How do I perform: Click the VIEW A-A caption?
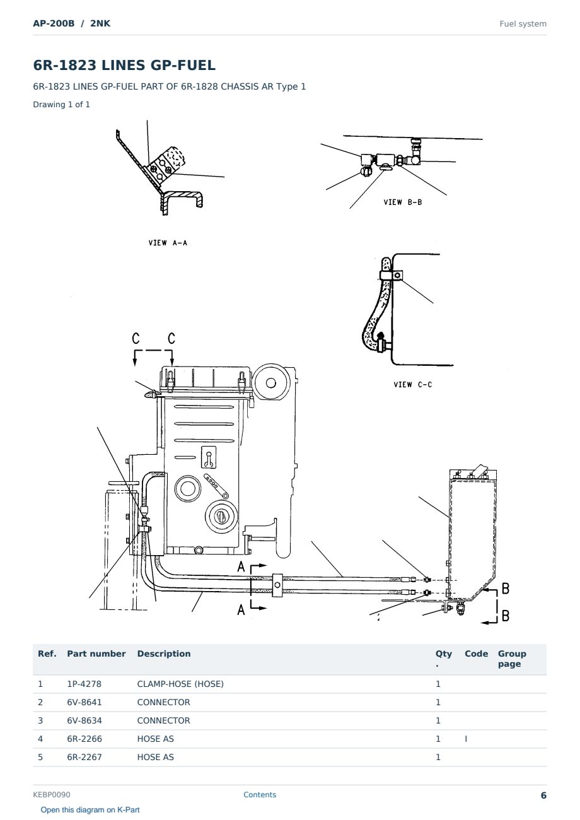[168, 243]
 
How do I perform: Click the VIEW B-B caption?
[402, 202]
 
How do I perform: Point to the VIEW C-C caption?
[413, 384]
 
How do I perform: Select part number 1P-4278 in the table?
[84, 684]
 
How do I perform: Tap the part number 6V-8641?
[84, 702]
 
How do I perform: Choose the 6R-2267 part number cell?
[84, 757]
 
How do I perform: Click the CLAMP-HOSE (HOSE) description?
[180, 684]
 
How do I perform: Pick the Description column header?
[164, 654]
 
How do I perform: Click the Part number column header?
[96, 654]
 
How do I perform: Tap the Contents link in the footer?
[260, 795]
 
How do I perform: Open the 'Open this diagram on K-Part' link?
[90, 810]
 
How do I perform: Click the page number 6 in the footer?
[543, 795]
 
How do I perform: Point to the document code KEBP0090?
[52, 795]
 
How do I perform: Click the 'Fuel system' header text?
[523, 24]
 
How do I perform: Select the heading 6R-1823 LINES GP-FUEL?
[124, 65]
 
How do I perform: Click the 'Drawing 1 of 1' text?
[61, 104]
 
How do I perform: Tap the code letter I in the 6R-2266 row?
[466, 739]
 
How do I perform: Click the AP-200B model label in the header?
[54, 23]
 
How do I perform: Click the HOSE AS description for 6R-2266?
[156, 739]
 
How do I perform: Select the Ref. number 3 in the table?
[40, 720]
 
